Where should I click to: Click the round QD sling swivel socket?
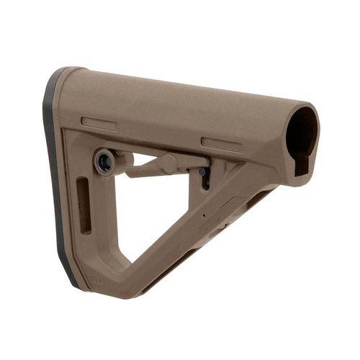point(104,160)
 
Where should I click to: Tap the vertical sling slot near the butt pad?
point(85,206)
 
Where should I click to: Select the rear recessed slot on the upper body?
point(99,123)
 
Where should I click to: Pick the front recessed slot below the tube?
point(222,144)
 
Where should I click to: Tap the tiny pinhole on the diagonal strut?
point(204,215)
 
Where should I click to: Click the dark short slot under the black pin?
point(206,183)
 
